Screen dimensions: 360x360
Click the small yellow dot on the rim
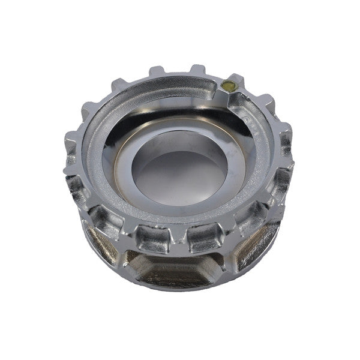pos(227,85)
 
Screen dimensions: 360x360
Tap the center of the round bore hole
pos(179,173)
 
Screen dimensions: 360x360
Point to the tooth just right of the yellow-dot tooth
pos(263,101)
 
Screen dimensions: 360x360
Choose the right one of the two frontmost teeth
pos(203,239)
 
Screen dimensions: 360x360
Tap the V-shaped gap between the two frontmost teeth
pos(179,240)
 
